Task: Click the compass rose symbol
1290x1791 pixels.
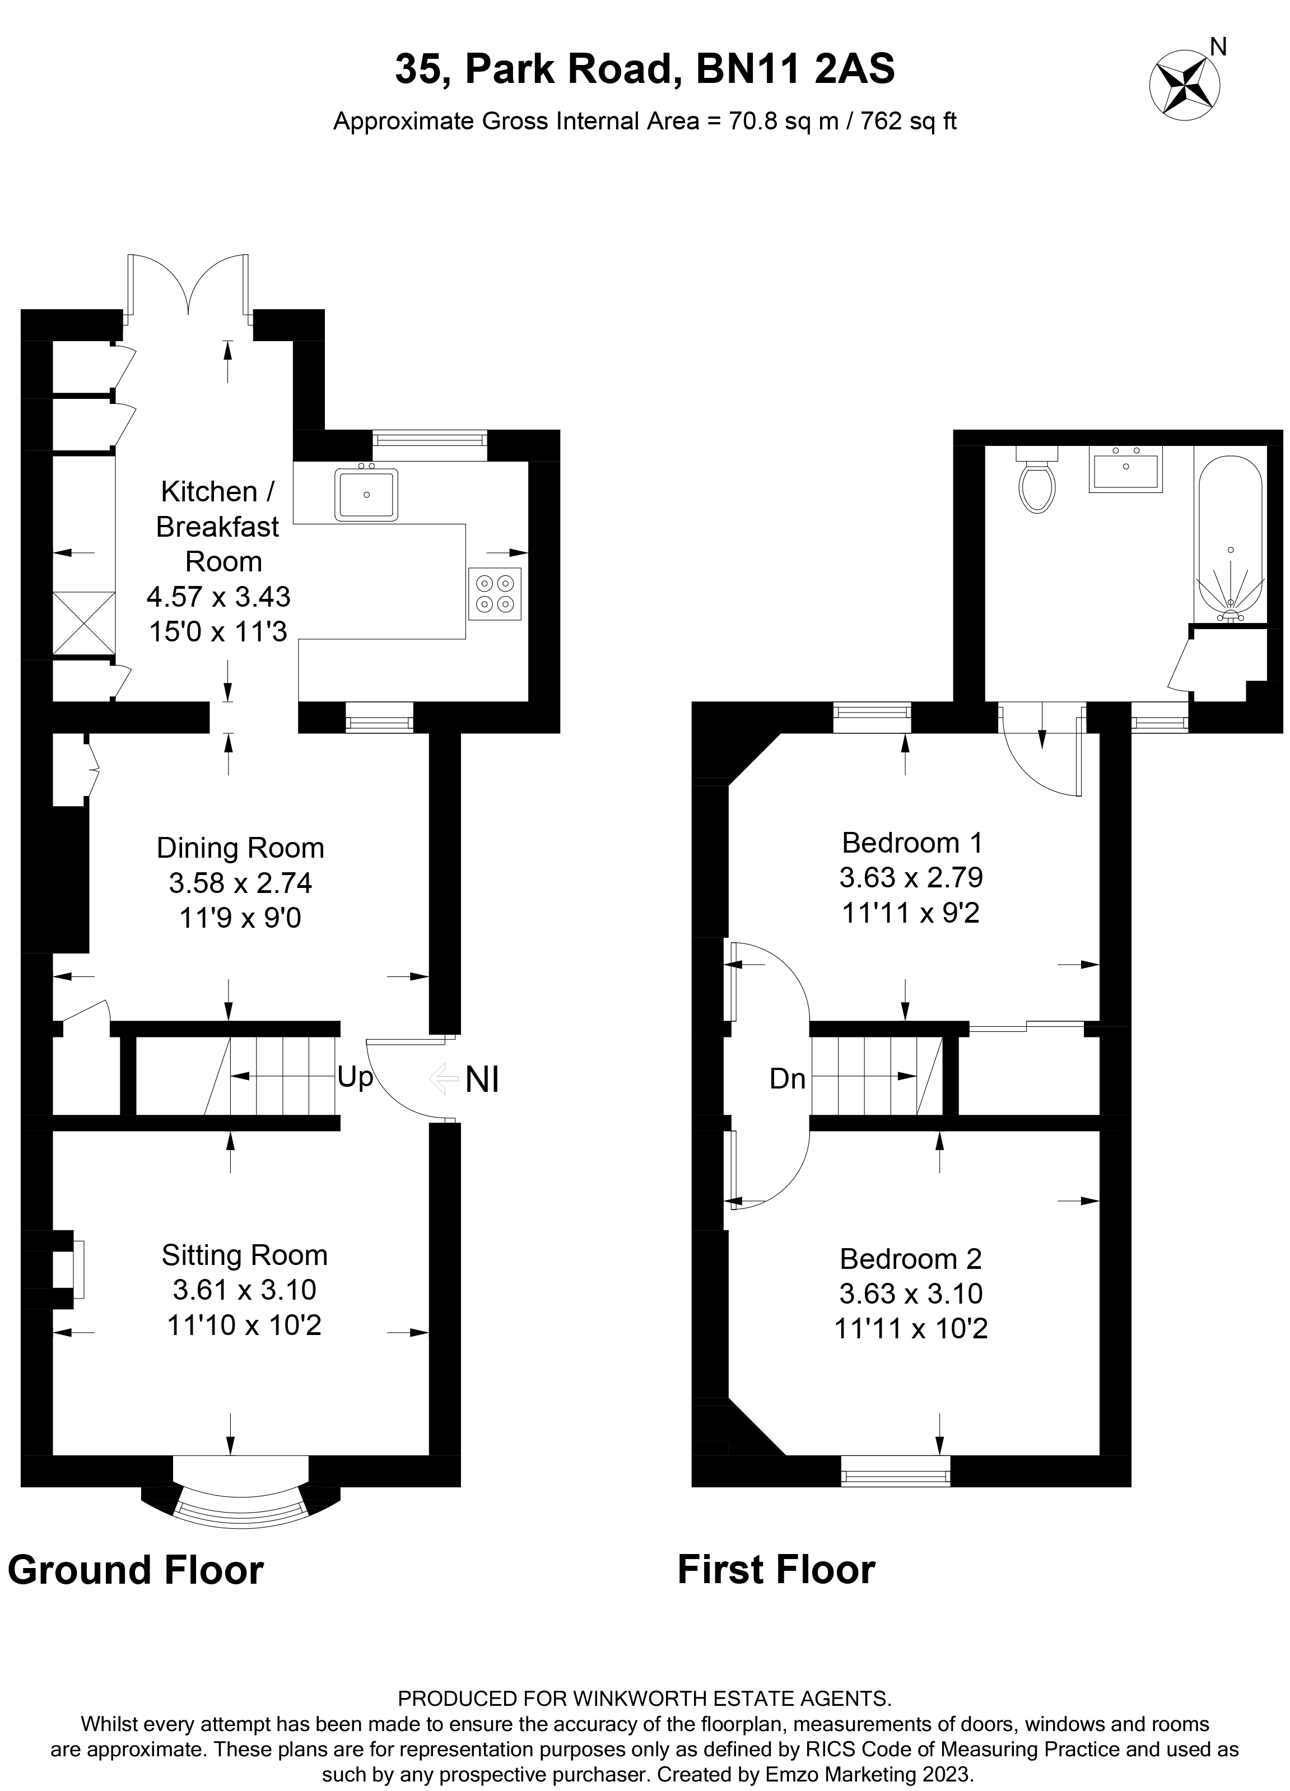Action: [1184, 85]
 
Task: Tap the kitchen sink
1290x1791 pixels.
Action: [366, 494]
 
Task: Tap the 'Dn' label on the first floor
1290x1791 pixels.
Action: [787, 1079]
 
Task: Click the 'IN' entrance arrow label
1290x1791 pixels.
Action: [482, 1080]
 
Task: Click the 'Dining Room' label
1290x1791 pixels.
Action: [240, 848]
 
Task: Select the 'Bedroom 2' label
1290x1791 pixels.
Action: [910, 1258]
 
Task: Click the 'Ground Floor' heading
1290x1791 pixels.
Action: [136, 1570]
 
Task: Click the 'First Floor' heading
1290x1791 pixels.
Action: [776, 1570]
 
